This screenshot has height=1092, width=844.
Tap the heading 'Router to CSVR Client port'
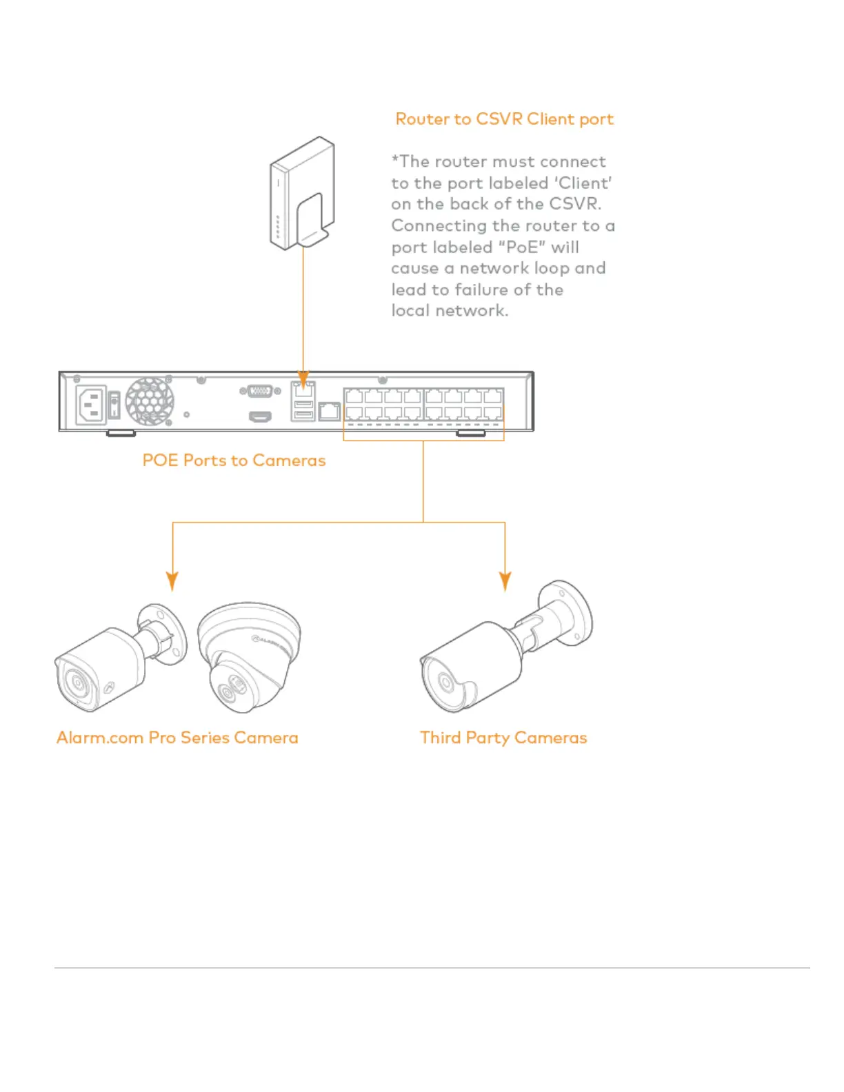point(504,119)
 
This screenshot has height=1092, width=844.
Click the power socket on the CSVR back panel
point(91,405)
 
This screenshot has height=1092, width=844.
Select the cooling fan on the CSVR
point(150,401)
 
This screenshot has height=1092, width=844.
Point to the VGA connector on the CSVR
point(260,391)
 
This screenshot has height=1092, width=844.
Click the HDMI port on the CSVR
point(260,416)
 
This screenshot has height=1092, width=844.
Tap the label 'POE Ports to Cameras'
point(234,461)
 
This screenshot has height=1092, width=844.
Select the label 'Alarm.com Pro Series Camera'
point(177,738)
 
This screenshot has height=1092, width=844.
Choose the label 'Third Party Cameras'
point(503,738)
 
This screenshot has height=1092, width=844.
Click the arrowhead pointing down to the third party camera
point(505,580)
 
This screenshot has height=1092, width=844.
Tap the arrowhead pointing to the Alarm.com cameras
point(172,580)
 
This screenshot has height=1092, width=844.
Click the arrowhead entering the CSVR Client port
point(303,379)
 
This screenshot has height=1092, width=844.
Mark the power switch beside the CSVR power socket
point(114,405)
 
